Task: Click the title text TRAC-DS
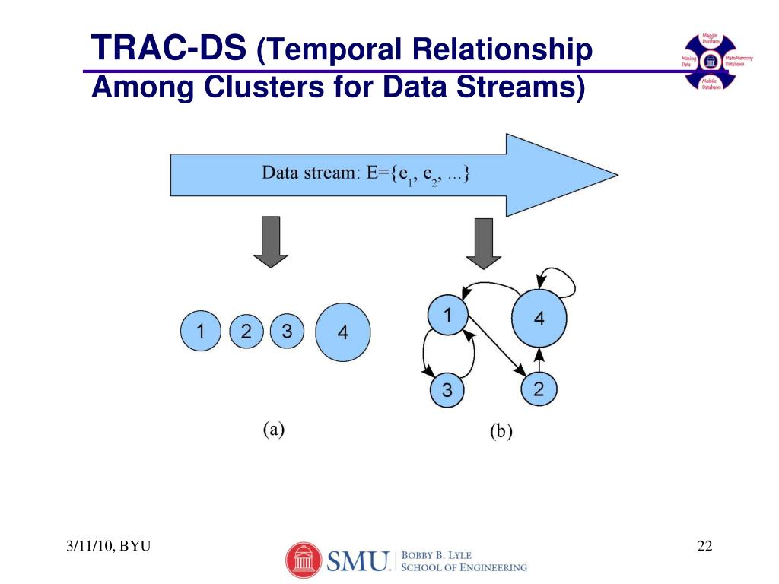click(x=169, y=49)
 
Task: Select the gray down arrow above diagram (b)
click(x=485, y=242)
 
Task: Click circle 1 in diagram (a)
click(x=200, y=332)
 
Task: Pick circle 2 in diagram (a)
click(x=246, y=332)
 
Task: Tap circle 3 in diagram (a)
click(x=287, y=332)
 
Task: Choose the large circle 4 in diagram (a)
click(x=342, y=332)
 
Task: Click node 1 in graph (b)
click(x=447, y=314)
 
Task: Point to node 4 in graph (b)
click(x=539, y=318)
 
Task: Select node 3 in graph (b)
click(x=447, y=391)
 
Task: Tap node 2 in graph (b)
click(x=539, y=389)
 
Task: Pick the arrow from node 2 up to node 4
click(x=539, y=360)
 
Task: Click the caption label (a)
click(x=274, y=429)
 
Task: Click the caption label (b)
click(x=501, y=432)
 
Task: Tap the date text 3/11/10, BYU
click(x=107, y=547)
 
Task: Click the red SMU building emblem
click(x=304, y=561)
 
